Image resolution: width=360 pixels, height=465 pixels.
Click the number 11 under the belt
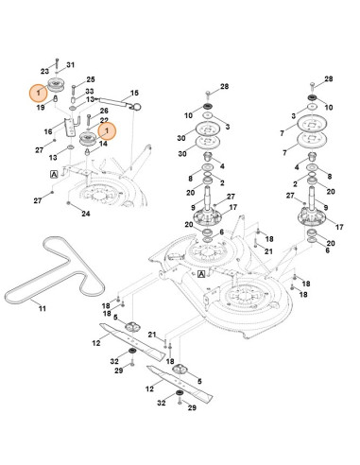pos(43,308)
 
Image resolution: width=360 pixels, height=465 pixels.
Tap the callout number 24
pos(86,214)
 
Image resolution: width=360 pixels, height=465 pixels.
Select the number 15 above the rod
pos(134,93)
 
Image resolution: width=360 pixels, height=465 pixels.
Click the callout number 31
pos(71,65)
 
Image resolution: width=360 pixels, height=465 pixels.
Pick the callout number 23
pos(44,72)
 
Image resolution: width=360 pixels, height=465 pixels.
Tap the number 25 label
pos(91,79)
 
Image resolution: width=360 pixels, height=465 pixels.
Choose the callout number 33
pos(90,92)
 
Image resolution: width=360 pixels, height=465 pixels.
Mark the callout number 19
pos(41,108)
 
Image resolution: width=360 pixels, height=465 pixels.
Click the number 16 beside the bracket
pos(48,131)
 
